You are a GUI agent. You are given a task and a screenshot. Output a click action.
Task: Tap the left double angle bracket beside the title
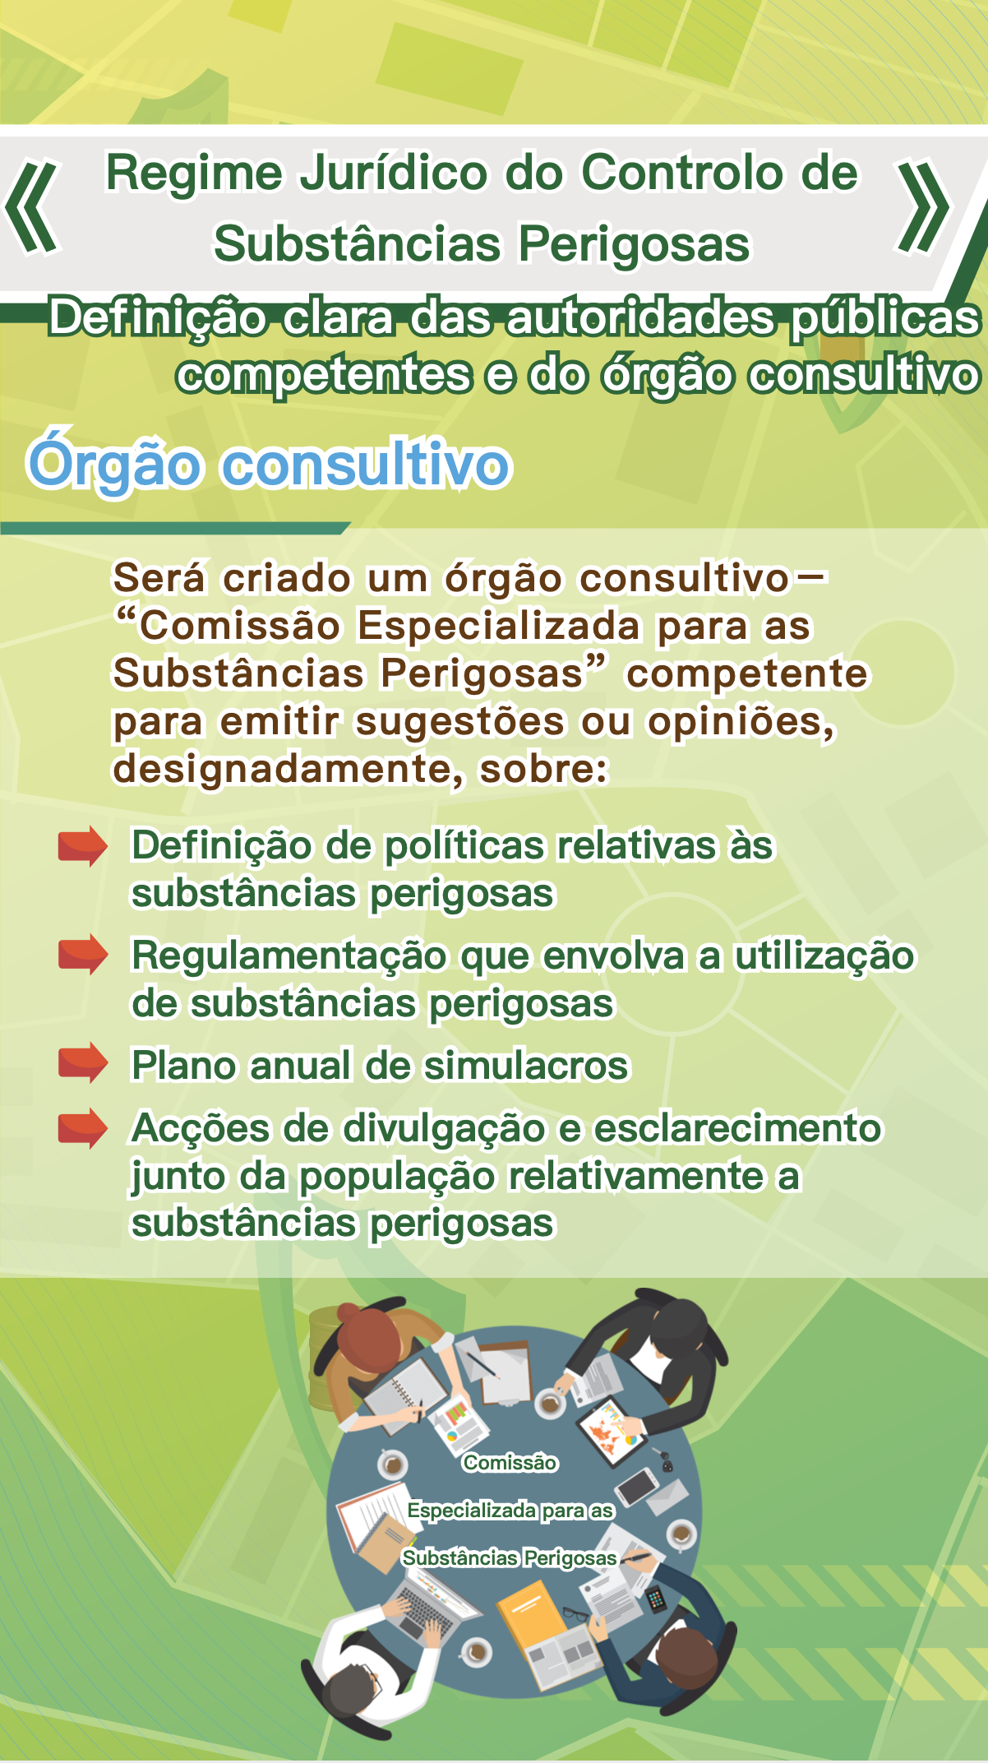[x=33, y=207]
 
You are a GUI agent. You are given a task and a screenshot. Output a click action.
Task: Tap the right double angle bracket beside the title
[x=924, y=207]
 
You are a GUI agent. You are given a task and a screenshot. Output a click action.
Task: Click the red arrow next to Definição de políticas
[x=83, y=846]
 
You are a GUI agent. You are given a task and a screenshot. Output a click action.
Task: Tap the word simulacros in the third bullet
[x=526, y=1066]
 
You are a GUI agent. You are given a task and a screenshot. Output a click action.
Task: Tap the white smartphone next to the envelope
[x=636, y=1486]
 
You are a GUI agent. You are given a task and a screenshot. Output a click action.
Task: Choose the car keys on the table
[x=664, y=1459]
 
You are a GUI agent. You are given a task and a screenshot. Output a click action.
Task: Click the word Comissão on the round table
[x=510, y=1463]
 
